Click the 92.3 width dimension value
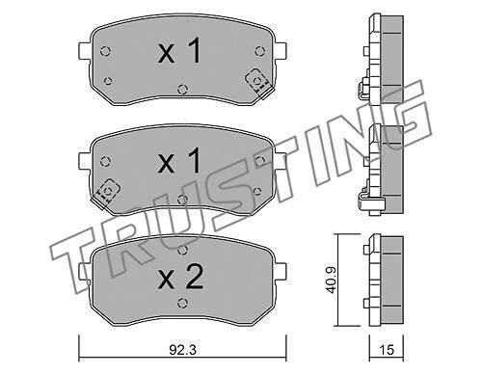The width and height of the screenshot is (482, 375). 182,350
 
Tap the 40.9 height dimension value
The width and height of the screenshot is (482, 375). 331,280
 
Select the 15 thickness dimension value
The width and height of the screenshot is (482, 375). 387,350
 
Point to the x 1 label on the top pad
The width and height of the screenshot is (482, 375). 179,51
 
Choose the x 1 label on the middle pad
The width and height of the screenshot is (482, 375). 179,161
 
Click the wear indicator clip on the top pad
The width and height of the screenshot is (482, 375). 258,83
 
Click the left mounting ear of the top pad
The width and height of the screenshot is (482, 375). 84,51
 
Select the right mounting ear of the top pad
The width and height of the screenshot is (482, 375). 281,51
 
